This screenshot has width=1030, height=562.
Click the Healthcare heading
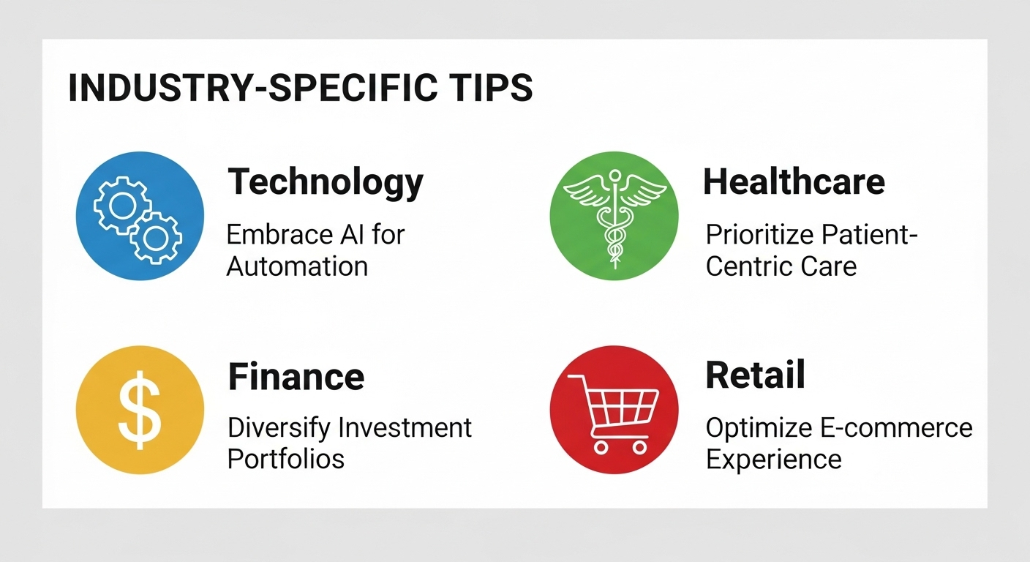click(x=794, y=181)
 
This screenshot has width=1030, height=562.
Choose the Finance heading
click(x=296, y=377)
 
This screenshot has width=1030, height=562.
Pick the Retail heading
click(x=756, y=375)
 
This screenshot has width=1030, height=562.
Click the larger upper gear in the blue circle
click(x=122, y=206)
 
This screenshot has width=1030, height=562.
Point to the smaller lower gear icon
click(x=155, y=237)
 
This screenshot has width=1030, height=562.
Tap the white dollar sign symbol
click(x=140, y=411)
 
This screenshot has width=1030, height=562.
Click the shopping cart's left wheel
click(x=601, y=446)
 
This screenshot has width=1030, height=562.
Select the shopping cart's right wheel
click(x=639, y=446)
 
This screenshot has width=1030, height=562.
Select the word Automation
click(x=297, y=266)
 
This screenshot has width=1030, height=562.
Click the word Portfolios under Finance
click(x=286, y=459)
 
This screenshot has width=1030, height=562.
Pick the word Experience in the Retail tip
click(x=774, y=460)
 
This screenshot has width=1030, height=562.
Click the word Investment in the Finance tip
click(x=405, y=427)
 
